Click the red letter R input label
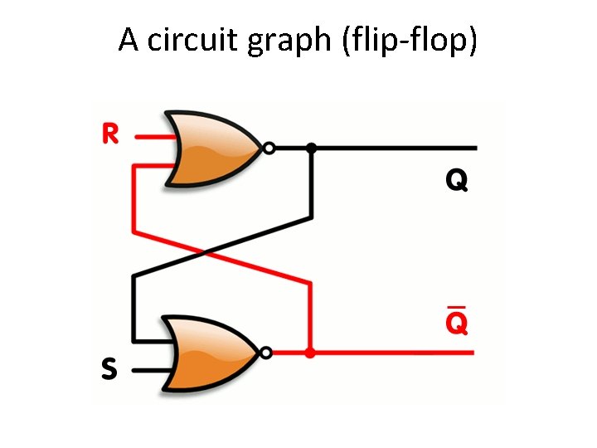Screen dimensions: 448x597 point(109,134)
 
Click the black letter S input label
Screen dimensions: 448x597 point(109,369)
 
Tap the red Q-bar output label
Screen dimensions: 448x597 point(457,324)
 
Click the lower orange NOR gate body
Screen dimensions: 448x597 point(211,353)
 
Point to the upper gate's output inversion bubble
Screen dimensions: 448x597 point(268,149)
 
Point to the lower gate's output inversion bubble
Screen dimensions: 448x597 point(266,353)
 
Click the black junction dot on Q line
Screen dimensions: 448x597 point(311,149)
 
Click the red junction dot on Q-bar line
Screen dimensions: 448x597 point(310,353)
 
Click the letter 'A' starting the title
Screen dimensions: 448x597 point(129,40)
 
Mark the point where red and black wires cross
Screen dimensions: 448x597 point(221,249)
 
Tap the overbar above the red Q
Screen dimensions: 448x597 point(456,307)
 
